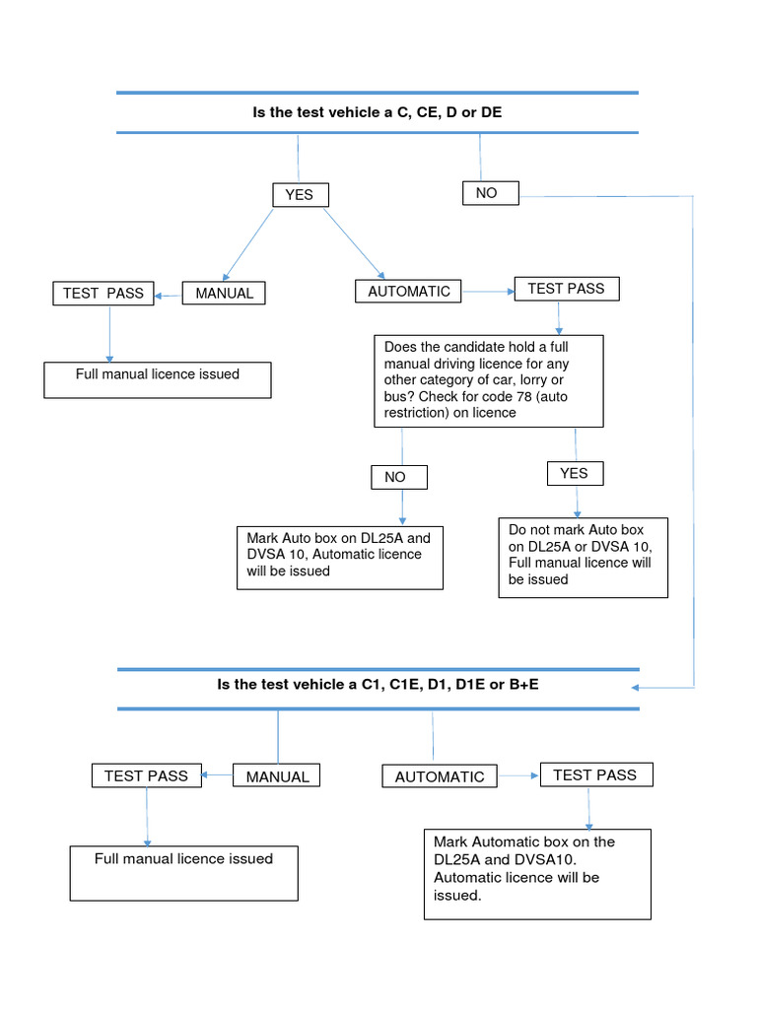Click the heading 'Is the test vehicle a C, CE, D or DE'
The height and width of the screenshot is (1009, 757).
coord(378,112)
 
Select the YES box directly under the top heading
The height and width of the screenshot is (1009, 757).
coord(301,195)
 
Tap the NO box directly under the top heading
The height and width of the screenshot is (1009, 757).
coord(491,193)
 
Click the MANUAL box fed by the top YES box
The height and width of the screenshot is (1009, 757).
coord(224,294)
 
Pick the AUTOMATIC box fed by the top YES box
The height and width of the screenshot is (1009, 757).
coord(409,292)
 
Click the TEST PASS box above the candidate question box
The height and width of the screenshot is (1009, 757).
coord(567,289)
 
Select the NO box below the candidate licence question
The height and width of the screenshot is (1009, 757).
coord(399,478)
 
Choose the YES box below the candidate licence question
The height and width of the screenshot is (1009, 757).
coord(576,474)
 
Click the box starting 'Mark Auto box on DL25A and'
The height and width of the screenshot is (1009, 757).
coord(340,558)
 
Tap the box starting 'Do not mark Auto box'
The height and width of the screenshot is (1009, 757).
coord(584,558)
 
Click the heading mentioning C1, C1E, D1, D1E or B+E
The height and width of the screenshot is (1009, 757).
coord(378,685)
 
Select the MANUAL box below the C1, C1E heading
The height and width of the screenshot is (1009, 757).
coord(276,775)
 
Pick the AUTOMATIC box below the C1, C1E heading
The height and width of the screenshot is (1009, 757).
coord(440,776)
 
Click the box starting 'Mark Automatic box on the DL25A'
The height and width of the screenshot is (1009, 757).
coord(537,874)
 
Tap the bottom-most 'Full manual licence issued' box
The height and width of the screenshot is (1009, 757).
coord(184,873)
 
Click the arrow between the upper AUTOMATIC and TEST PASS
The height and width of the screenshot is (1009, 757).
coord(489,292)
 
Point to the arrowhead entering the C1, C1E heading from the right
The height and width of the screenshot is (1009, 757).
coord(635,688)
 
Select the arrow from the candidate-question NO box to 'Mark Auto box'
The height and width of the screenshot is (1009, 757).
coord(402,507)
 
